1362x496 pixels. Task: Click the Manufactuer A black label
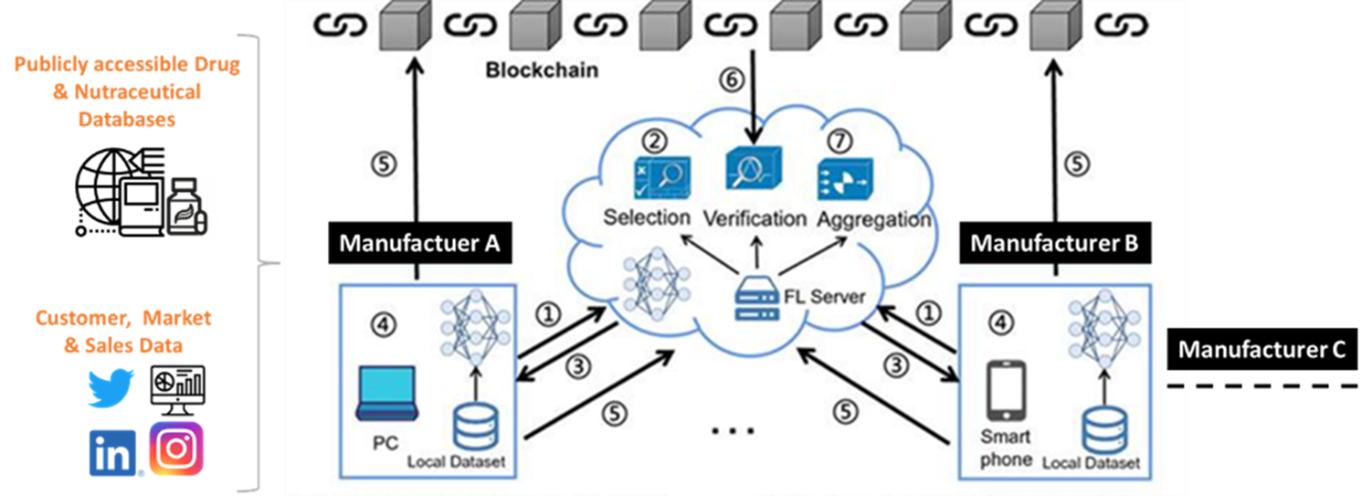pyautogui.click(x=419, y=243)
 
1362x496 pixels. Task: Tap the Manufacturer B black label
pyautogui.click(x=1055, y=243)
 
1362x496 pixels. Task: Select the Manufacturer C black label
pyautogui.click(x=1262, y=349)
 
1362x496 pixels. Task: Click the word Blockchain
pyautogui.click(x=542, y=70)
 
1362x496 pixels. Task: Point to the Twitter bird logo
pyautogui.click(x=111, y=388)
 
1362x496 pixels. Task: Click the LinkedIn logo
pyautogui.click(x=112, y=453)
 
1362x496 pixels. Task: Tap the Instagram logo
pyautogui.click(x=176, y=449)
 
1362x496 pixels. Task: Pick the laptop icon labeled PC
pyautogui.click(x=387, y=394)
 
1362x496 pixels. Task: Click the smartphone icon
pyautogui.click(x=1006, y=391)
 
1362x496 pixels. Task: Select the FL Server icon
pyautogui.click(x=756, y=298)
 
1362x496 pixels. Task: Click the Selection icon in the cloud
pyautogui.click(x=661, y=177)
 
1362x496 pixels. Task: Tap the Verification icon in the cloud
pyautogui.click(x=754, y=168)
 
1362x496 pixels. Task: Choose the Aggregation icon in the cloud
pyautogui.click(x=845, y=179)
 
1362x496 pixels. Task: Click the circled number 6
pyautogui.click(x=732, y=79)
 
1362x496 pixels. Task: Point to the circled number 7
pyautogui.click(x=839, y=141)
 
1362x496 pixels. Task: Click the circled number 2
pyautogui.click(x=655, y=141)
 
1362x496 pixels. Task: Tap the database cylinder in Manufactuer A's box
pyautogui.click(x=476, y=427)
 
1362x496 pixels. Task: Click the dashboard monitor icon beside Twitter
pyautogui.click(x=177, y=390)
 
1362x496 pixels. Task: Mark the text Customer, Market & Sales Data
pyautogui.click(x=123, y=332)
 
